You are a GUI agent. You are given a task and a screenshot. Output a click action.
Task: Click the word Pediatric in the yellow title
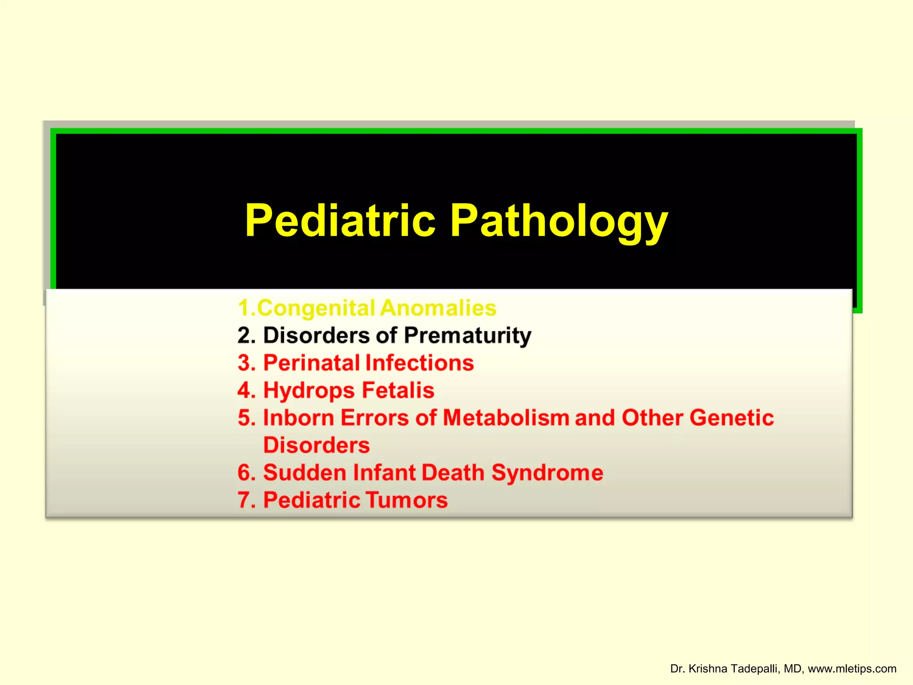(x=340, y=220)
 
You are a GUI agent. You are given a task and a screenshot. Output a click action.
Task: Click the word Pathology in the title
(x=559, y=222)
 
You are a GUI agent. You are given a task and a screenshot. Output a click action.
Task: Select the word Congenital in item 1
(x=316, y=308)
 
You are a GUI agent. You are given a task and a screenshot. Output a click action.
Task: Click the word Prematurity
(x=468, y=336)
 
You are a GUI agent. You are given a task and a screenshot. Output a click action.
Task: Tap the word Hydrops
(x=309, y=391)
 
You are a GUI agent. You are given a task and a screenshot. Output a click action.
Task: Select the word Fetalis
(x=398, y=390)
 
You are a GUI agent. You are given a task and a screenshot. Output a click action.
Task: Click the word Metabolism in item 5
(x=506, y=418)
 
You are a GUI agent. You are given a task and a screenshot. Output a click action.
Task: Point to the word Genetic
(x=731, y=418)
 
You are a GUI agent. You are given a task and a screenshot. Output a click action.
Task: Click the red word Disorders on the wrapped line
(x=317, y=446)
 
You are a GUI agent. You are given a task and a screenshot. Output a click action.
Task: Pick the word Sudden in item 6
(x=304, y=473)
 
